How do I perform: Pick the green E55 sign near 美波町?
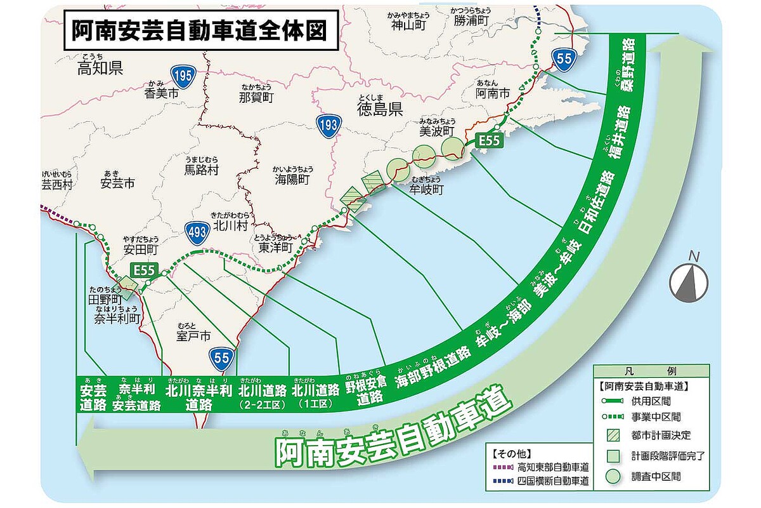pos(490,141)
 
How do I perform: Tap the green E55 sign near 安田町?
pos(143,271)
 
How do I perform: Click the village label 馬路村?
pos(201,170)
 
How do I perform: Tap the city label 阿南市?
pos(493,93)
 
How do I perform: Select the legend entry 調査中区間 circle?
pos(613,474)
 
